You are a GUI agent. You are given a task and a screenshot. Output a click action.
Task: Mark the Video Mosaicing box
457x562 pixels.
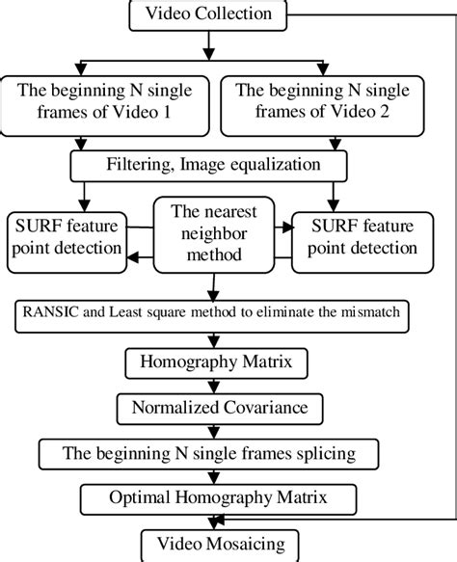(x=202, y=543)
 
